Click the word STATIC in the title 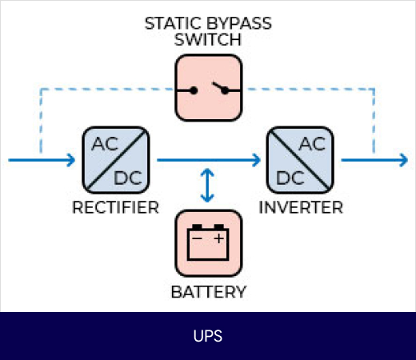coord(173,23)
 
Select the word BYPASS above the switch coord(239,23)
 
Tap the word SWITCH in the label coord(208,40)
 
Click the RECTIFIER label coord(116,207)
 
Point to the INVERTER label coord(301,207)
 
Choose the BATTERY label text coord(208,292)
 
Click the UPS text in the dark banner coord(208,336)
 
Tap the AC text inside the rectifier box coord(105,144)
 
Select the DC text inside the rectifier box coord(128,178)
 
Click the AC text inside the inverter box coord(312,144)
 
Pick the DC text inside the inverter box coord(290,178)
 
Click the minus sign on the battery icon coord(197,238)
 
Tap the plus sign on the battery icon coord(219,238)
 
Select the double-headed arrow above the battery coord(207,186)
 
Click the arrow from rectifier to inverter coord(209,160)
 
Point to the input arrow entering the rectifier coord(42,160)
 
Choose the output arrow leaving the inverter coord(374,160)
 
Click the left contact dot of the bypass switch coord(194,90)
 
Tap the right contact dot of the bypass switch coord(225,90)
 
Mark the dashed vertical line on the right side coord(374,122)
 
